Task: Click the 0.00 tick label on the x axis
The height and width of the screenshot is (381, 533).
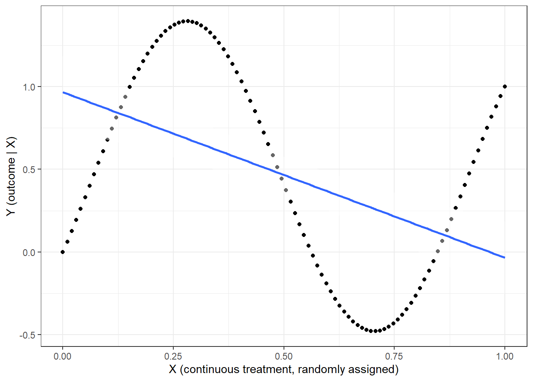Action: click(x=62, y=356)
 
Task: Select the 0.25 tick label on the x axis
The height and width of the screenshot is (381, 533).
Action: click(x=173, y=356)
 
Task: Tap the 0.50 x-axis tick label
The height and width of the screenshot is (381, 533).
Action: click(x=284, y=356)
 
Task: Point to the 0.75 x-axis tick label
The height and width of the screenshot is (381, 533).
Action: click(x=394, y=356)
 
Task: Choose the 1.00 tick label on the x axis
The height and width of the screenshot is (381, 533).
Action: click(x=504, y=356)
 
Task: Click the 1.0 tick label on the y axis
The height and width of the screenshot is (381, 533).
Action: click(x=29, y=87)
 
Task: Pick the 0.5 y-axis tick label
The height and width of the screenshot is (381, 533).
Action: click(x=29, y=169)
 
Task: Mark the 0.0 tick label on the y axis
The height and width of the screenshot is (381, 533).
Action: click(x=29, y=252)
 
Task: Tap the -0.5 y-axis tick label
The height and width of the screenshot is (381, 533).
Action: click(x=27, y=335)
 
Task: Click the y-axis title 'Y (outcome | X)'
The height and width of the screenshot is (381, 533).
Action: click(x=11, y=176)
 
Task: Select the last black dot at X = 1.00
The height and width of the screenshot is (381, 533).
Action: click(x=504, y=87)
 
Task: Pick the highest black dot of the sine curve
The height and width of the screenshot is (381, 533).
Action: click(x=188, y=21)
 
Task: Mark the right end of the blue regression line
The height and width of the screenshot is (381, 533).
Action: click(x=504, y=258)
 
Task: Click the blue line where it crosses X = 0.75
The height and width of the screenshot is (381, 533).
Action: click(x=394, y=216)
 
